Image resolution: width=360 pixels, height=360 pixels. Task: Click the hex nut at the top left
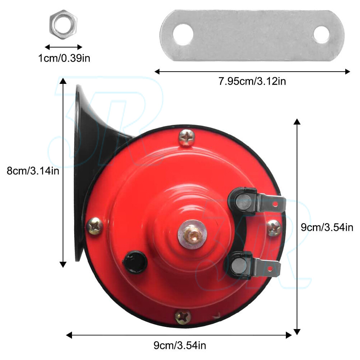[63, 25]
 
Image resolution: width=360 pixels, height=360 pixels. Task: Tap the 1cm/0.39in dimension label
[64, 58]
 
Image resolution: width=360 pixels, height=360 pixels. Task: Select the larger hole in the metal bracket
[183, 35]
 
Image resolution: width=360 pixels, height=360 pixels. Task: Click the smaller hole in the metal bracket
[321, 35]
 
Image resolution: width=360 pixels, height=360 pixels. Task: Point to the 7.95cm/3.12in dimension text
[252, 81]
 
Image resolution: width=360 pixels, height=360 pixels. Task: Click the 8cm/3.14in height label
[33, 170]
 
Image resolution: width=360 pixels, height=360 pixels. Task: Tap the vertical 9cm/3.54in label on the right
[327, 227]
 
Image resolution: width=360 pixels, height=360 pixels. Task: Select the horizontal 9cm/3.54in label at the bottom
[180, 346]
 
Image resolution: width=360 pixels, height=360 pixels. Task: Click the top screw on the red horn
[186, 137]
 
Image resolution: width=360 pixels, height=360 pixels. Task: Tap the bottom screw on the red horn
[183, 317]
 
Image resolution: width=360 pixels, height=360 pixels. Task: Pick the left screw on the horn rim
[95, 226]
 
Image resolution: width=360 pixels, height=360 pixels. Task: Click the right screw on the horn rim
[274, 228]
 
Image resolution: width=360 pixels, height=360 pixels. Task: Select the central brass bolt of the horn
[192, 234]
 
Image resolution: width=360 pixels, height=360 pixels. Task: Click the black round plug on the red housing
[135, 262]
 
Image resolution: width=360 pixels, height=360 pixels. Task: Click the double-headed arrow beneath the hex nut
[63, 47]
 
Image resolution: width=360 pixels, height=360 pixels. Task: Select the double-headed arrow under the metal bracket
[252, 71]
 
